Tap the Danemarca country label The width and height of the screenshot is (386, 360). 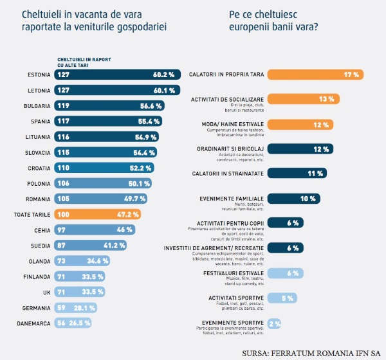(33, 323)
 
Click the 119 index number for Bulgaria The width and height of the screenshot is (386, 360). (64, 105)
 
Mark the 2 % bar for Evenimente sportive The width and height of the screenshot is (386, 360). (273, 324)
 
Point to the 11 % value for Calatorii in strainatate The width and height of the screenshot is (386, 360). (314, 174)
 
